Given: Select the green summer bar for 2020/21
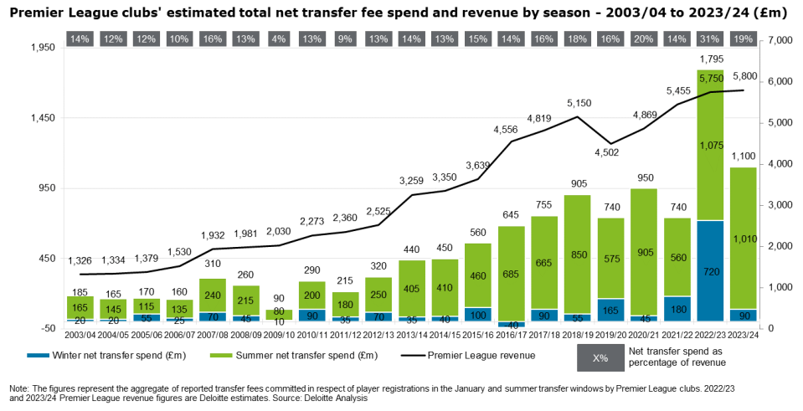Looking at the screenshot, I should pos(644,251).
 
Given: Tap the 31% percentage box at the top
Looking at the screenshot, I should pos(710,39).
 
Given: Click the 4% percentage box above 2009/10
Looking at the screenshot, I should pos(279,39).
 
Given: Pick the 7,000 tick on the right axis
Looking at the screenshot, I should pos(779,41).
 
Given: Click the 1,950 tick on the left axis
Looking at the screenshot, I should pos(43,48).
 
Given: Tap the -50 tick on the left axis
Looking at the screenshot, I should pos(47,328).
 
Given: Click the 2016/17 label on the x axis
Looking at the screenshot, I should pos(512,336).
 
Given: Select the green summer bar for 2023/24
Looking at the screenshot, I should pos(743,239).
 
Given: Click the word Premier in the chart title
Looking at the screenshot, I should pos(38,13).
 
